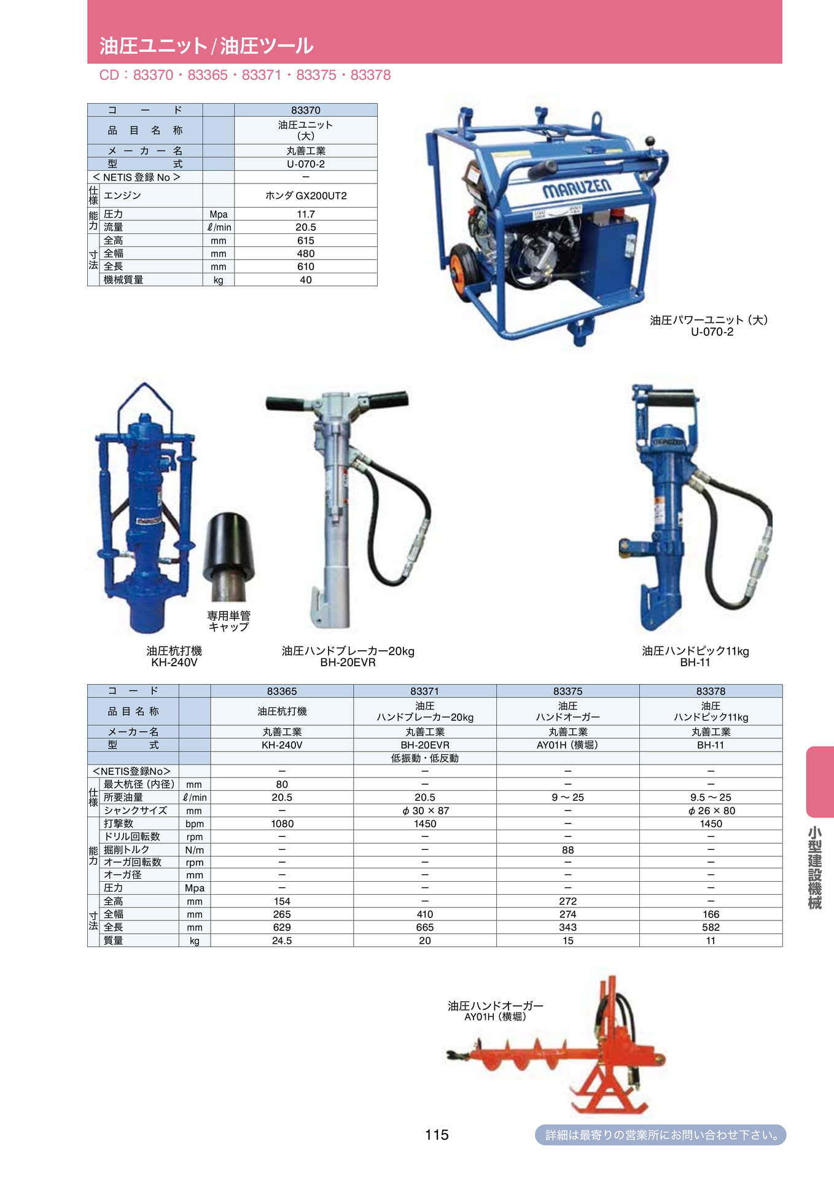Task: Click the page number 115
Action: [436, 1135]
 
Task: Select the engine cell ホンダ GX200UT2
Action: [306, 195]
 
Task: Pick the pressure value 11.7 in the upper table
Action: [306, 214]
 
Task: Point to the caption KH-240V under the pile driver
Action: [174, 663]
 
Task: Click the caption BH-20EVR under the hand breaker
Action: [348, 663]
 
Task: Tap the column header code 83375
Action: [567, 691]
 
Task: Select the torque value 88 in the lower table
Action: [567, 850]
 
